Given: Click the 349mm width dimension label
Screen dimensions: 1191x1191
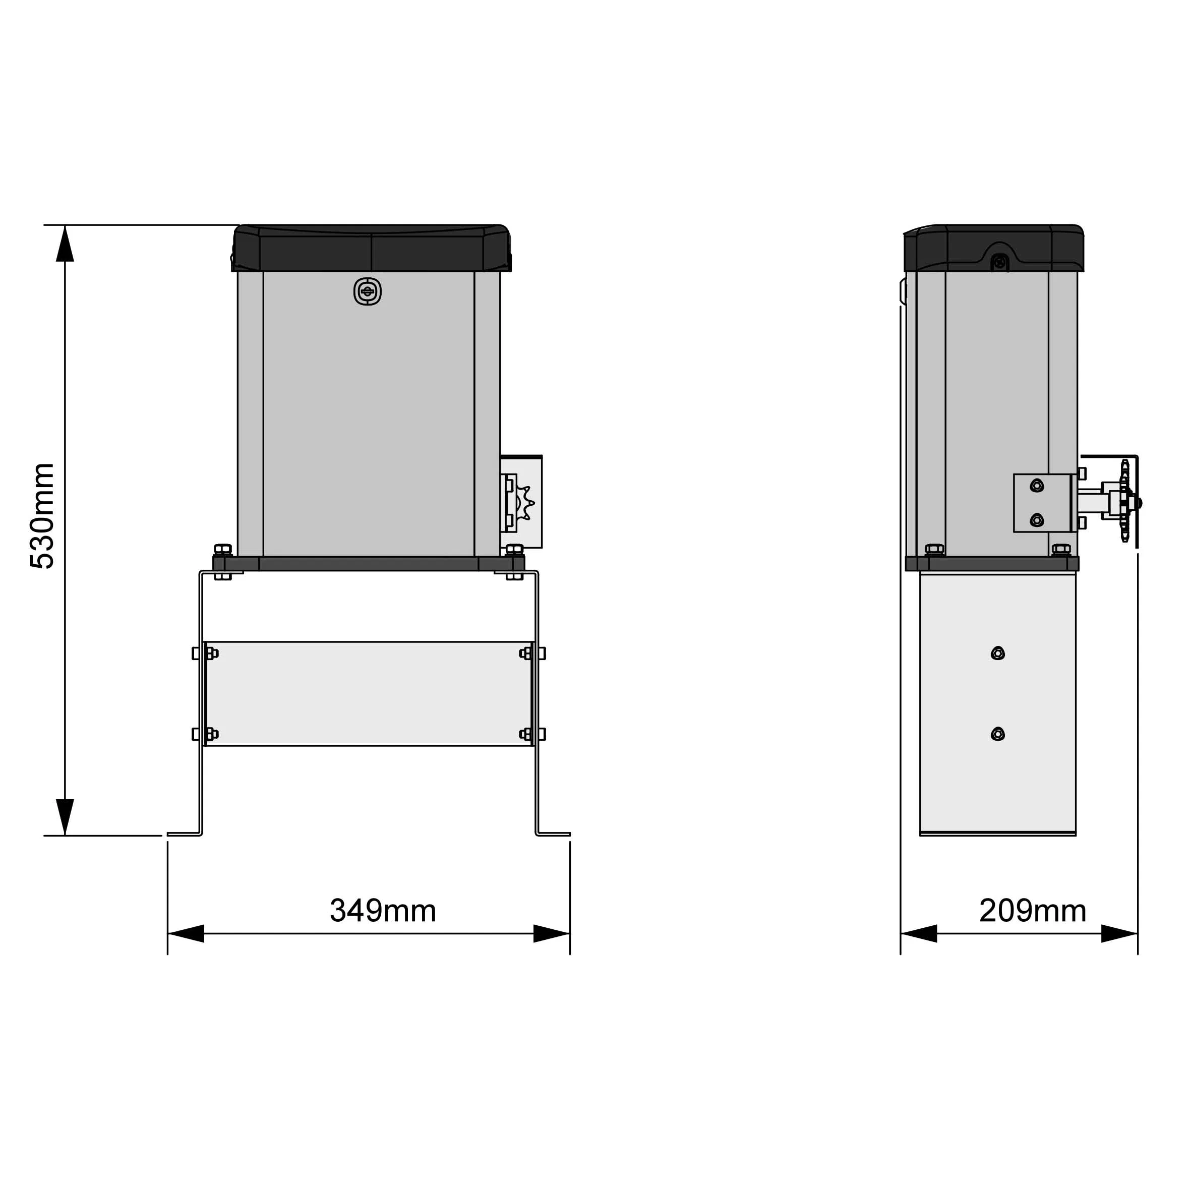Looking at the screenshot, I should (x=383, y=911).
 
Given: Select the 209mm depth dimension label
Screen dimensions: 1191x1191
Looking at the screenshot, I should (x=1033, y=911).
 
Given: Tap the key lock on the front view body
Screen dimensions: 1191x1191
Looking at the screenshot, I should (x=368, y=291).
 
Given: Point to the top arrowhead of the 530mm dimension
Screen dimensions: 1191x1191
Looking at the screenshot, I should (x=65, y=244).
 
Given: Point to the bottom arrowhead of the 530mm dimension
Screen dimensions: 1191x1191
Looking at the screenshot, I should (x=65, y=817).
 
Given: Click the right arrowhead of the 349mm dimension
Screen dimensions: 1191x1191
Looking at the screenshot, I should (x=551, y=933).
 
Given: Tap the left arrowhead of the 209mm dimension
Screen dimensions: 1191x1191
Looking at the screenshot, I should (x=919, y=933).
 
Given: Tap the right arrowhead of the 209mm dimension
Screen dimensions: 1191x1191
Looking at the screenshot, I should (x=1119, y=933).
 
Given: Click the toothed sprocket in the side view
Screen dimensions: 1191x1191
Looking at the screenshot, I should (x=1125, y=502).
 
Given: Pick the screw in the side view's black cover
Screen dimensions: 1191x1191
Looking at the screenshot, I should (x=1000, y=263).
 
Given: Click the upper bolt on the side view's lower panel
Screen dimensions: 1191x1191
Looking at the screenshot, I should (x=997, y=653).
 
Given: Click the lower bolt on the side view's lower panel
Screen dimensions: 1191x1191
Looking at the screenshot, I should (x=997, y=734).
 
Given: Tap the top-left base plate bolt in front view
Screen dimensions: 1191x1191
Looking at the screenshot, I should (x=222, y=549).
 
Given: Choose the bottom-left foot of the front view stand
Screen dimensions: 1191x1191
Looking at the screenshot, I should (x=184, y=834).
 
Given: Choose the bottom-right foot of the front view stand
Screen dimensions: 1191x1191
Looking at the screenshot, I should (x=553, y=834).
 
